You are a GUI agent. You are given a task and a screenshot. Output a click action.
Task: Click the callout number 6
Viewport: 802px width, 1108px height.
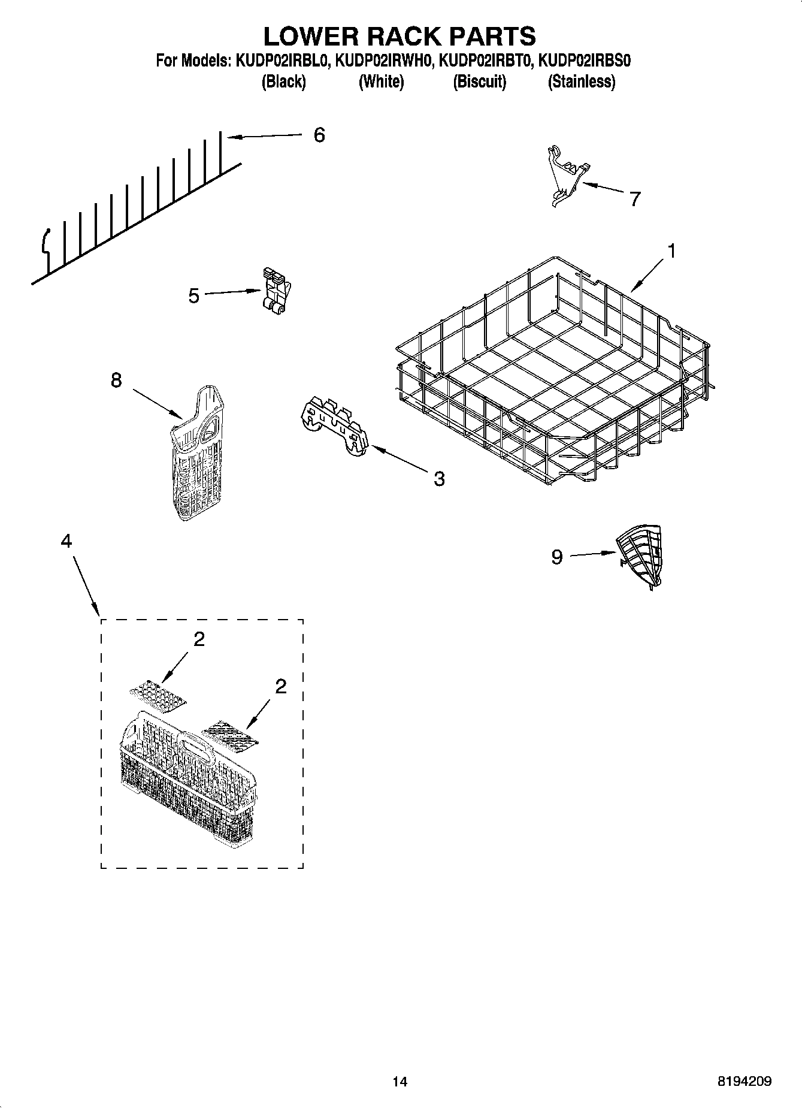(319, 135)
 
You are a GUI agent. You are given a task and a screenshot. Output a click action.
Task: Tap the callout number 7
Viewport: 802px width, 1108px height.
(635, 198)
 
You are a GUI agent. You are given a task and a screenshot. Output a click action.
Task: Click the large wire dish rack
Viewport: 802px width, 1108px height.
(551, 372)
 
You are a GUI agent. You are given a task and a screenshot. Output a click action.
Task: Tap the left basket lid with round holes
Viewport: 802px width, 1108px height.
(158, 695)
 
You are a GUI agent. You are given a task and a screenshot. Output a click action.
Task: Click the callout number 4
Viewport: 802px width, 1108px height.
(66, 541)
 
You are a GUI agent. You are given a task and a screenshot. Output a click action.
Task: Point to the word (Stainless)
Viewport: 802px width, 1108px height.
(581, 81)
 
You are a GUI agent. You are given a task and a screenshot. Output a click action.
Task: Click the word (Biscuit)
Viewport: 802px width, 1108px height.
(479, 81)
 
